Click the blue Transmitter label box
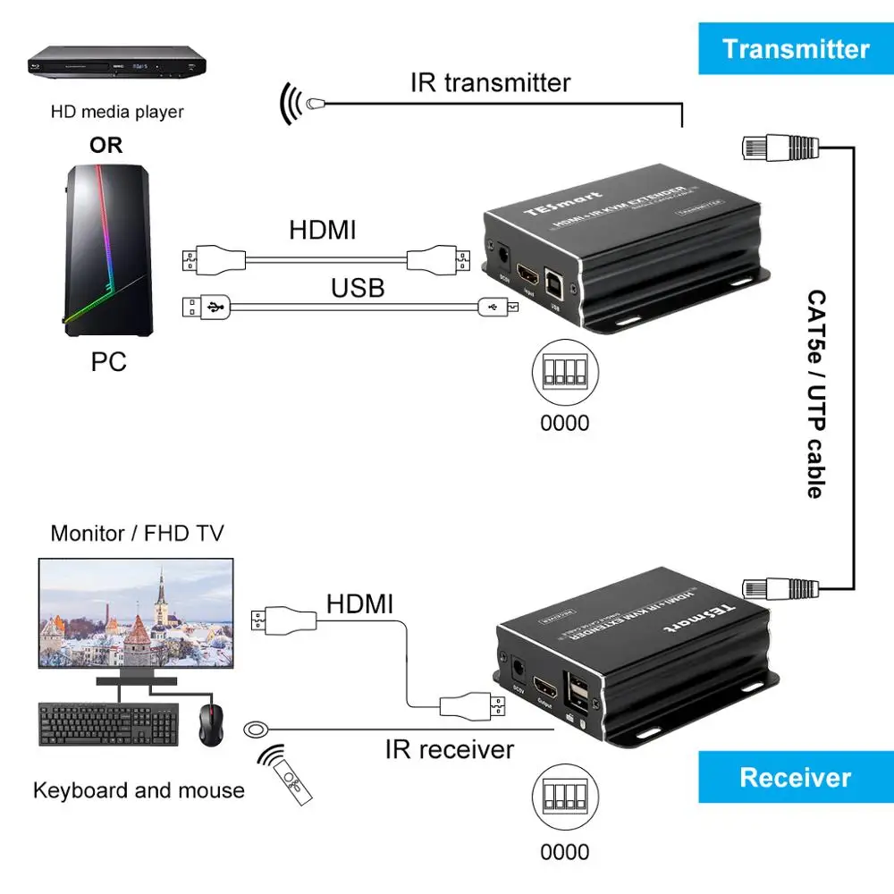click(795, 48)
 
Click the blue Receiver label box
click(795, 777)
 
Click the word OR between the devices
click(106, 145)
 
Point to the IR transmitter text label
click(490, 83)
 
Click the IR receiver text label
click(450, 748)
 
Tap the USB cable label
click(358, 287)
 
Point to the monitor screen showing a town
click(135, 613)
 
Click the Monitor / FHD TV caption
click(137, 534)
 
